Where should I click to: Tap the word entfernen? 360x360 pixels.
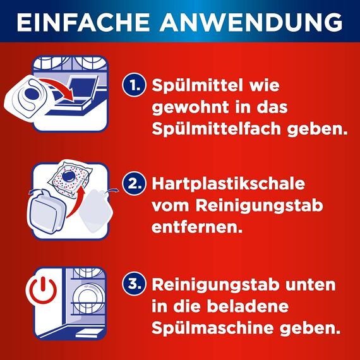197,226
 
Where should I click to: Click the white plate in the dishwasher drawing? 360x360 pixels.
85,297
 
